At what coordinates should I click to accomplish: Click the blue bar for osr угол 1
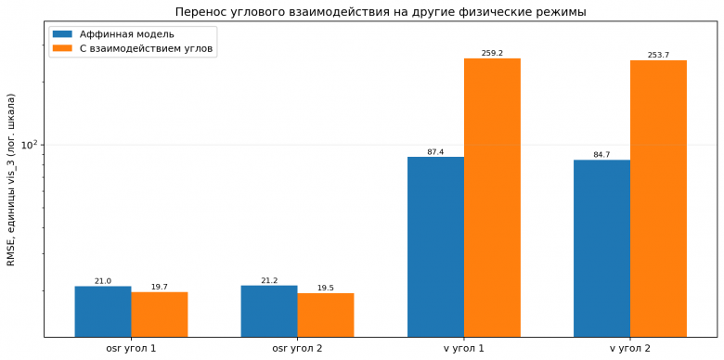(103, 312)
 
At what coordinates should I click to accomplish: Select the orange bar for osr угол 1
(160, 315)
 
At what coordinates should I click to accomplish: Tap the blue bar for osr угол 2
(269, 311)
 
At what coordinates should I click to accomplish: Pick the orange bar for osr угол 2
(326, 315)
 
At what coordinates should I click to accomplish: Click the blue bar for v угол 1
(436, 247)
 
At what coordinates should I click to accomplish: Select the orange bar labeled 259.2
(492, 198)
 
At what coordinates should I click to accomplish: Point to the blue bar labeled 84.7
(602, 249)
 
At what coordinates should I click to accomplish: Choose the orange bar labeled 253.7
(658, 199)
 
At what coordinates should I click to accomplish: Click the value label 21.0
(103, 280)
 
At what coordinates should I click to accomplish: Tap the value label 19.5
(326, 288)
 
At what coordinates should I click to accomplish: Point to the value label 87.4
(436, 151)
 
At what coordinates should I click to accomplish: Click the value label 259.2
(492, 53)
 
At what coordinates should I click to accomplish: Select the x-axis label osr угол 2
(297, 349)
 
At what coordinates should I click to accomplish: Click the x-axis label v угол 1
(464, 349)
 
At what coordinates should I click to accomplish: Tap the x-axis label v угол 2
(630, 349)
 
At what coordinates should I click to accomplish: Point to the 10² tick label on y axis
(31, 145)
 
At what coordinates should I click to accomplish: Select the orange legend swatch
(63, 48)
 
